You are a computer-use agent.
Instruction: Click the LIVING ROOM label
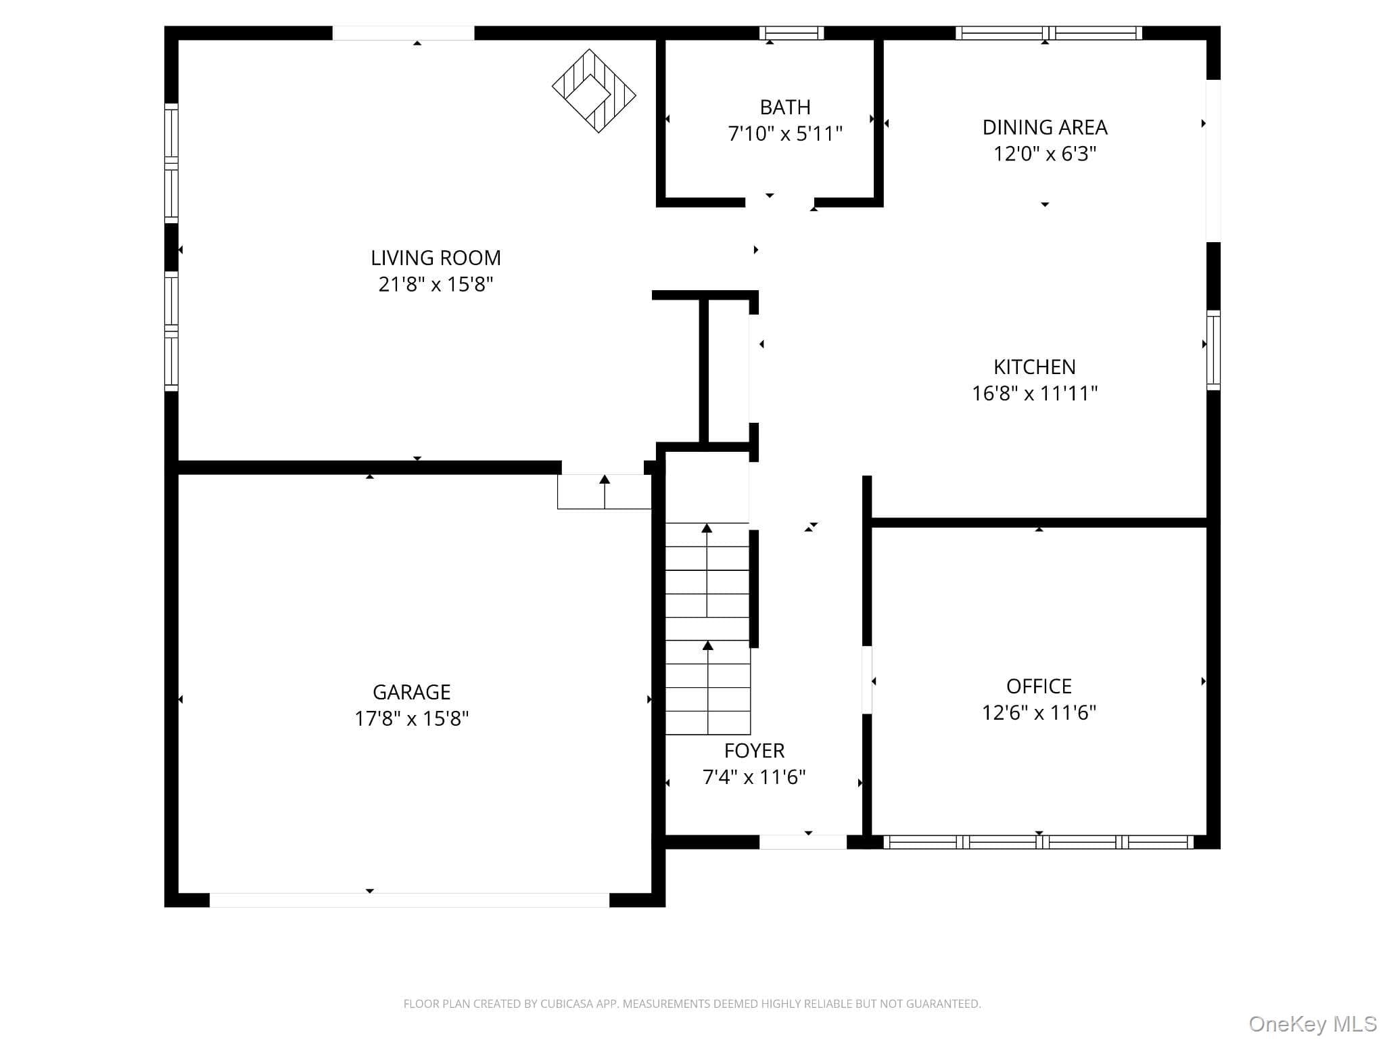[x=436, y=258]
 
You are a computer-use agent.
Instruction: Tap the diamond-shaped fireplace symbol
[x=594, y=91]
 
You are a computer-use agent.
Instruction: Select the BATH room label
[x=785, y=107]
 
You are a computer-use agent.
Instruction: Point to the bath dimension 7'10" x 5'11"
[x=785, y=133]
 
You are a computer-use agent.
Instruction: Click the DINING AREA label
[x=1045, y=127]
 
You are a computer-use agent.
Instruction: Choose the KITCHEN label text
[x=1035, y=367]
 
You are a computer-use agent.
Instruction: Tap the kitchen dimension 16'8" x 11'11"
[x=1035, y=393]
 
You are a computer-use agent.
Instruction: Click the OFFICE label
[x=1039, y=686]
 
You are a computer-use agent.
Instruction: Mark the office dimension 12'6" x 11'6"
[x=1039, y=712]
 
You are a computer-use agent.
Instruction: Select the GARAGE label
[x=412, y=692]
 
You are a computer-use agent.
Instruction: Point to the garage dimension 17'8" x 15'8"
[x=412, y=718]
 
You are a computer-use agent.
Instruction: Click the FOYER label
[x=754, y=751]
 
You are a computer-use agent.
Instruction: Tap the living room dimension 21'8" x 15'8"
[x=436, y=284]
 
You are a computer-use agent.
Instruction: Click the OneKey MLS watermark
[x=1313, y=1023]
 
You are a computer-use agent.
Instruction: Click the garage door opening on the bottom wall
[x=409, y=900]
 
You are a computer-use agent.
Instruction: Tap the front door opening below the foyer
[x=803, y=842]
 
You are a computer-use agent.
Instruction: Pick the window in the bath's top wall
[x=791, y=33]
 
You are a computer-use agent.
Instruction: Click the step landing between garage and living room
[x=604, y=492]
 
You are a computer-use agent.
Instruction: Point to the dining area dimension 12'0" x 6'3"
[x=1045, y=154]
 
